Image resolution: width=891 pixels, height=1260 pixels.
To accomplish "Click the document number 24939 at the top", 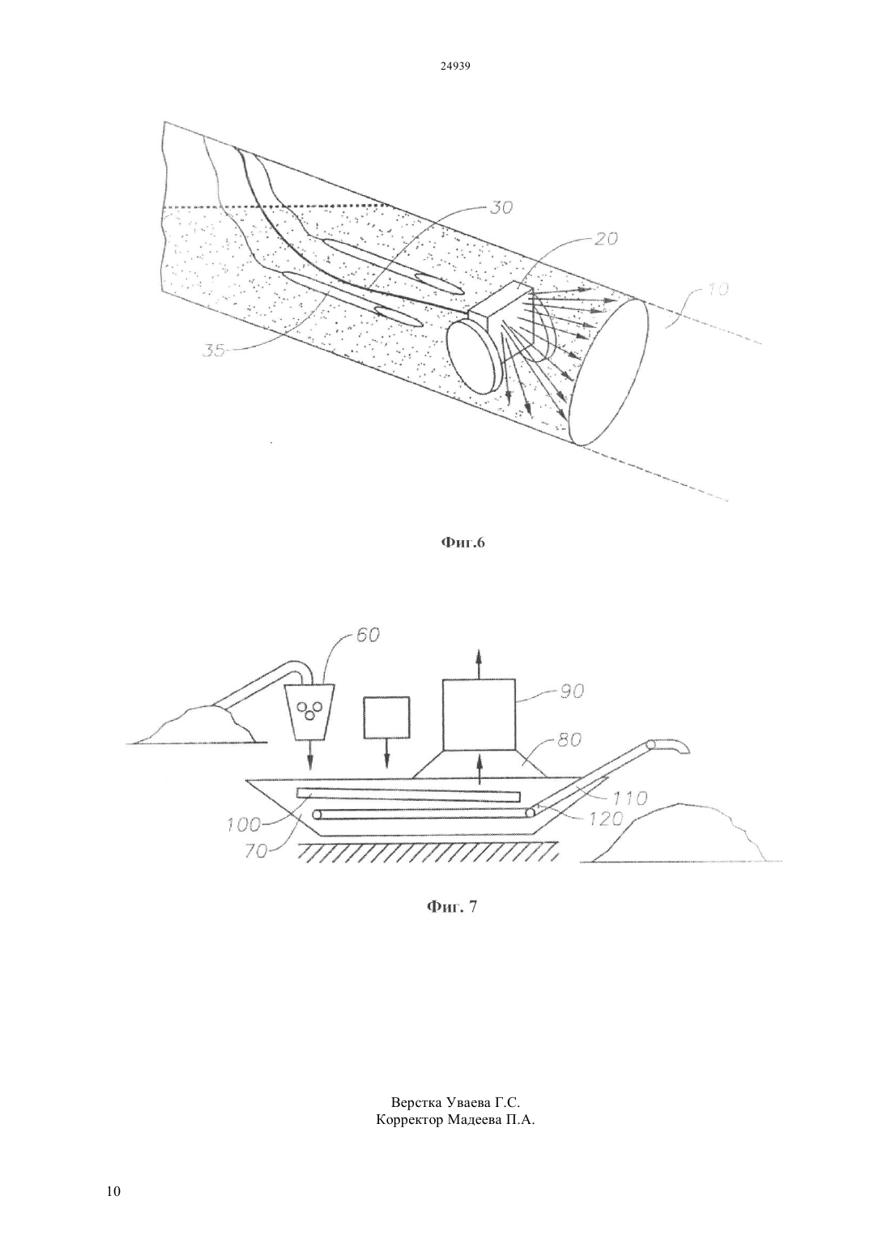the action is [454, 66].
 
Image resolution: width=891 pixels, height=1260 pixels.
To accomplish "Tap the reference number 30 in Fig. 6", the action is [501, 207].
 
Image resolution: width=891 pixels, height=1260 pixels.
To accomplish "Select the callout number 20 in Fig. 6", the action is [605, 239].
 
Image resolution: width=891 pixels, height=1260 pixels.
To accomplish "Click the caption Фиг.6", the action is [461, 543].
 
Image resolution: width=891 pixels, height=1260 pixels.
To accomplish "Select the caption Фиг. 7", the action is [452, 907].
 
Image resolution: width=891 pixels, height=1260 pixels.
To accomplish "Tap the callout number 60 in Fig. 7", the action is [368, 635].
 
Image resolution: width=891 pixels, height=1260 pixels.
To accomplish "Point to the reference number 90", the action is [572, 692].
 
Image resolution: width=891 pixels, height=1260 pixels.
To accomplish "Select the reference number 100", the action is [245, 826].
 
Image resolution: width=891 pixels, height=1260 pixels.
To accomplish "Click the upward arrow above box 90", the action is [479, 664].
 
